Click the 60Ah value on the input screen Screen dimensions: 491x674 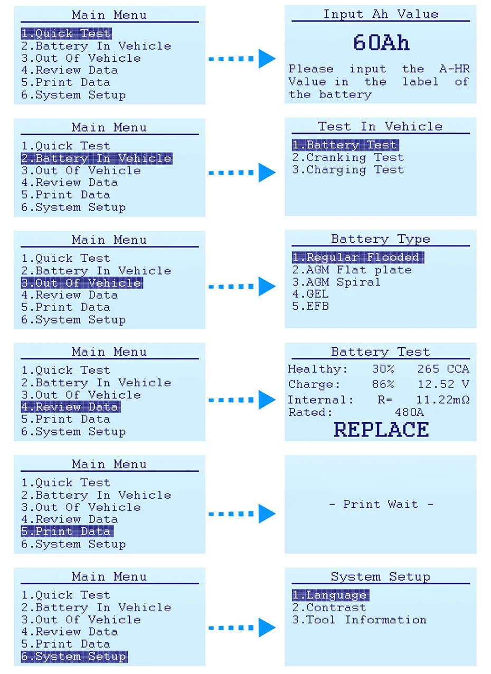(x=381, y=43)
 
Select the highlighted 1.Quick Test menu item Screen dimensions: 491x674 (x=66, y=34)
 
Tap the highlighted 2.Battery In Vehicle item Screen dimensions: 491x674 (x=96, y=158)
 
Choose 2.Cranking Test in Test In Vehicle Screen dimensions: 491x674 (x=348, y=157)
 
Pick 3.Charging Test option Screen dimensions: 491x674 (x=348, y=170)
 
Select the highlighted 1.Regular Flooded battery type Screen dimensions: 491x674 (x=357, y=258)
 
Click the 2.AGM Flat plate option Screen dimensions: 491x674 (x=352, y=270)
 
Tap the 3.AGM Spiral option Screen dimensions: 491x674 (x=336, y=282)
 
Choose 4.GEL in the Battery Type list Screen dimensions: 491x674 (x=310, y=294)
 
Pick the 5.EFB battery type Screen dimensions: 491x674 (x=310, y=306)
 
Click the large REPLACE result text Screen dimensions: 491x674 (x=381, y=430)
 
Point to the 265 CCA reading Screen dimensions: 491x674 (x=443, y=369)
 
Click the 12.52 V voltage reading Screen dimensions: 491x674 (x=443, y=384)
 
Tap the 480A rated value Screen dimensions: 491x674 (x=409, y=412)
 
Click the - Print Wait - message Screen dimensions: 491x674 (x=381, y=505)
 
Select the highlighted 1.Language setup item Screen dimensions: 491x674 (x=330, y=595)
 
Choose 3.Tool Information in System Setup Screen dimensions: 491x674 (x=359, y=620)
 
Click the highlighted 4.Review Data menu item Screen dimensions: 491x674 (x=70, y=407)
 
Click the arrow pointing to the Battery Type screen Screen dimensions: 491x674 (x=242, y=287)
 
